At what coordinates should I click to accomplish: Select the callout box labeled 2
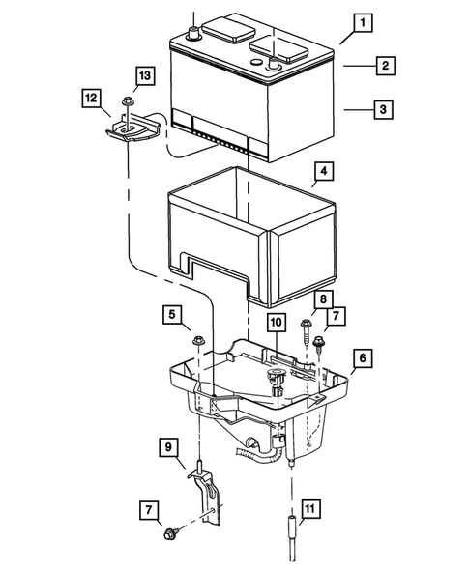coord(384,65)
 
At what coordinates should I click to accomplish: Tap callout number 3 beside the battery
coord(384,110)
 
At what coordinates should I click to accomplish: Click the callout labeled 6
coord(362,357)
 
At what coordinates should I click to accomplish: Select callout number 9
coord(170,446)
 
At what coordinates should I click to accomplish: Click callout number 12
coord(90,98)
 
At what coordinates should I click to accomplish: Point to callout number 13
coord(143,75)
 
